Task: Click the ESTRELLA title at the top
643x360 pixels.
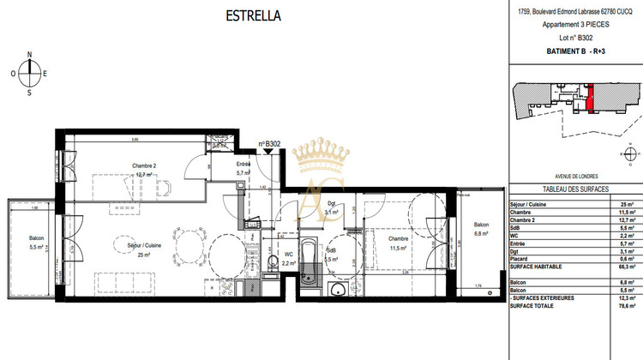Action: click(252, 15)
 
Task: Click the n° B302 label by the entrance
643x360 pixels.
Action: click(271, 143)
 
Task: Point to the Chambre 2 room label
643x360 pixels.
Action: click(144, 165)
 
